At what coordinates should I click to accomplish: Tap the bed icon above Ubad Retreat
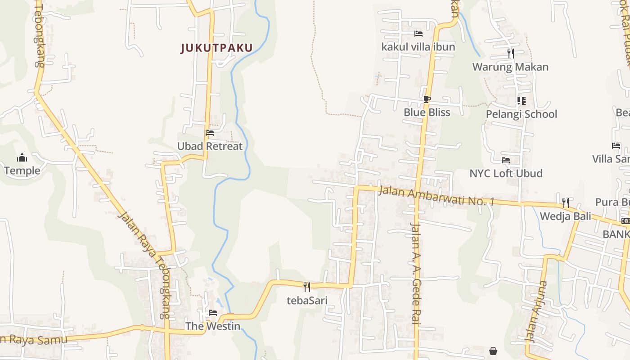210,133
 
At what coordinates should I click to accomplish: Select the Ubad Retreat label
210,146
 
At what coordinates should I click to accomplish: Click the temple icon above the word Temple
22,157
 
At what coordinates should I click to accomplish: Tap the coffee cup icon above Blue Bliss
427,99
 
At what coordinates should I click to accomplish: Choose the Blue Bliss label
427,112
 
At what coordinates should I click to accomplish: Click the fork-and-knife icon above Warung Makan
510,54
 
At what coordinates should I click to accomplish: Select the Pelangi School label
521,114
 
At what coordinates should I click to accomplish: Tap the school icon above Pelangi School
521,100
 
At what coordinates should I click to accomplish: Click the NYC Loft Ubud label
506,173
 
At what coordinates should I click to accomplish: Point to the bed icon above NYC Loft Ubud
506,160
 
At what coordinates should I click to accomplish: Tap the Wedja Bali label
565,216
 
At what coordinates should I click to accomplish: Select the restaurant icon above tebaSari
307,287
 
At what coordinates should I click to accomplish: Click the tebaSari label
307,300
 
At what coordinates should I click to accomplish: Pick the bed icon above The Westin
213,312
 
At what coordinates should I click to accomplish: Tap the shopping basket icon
493,351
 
